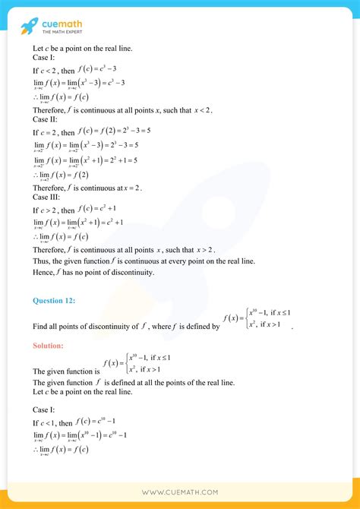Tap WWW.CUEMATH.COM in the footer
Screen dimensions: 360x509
180,492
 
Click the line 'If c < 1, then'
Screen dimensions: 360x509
54,421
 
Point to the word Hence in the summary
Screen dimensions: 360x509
43,271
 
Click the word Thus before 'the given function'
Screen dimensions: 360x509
42,260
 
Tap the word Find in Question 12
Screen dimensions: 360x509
41,327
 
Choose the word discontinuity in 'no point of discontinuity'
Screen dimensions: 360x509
128,271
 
